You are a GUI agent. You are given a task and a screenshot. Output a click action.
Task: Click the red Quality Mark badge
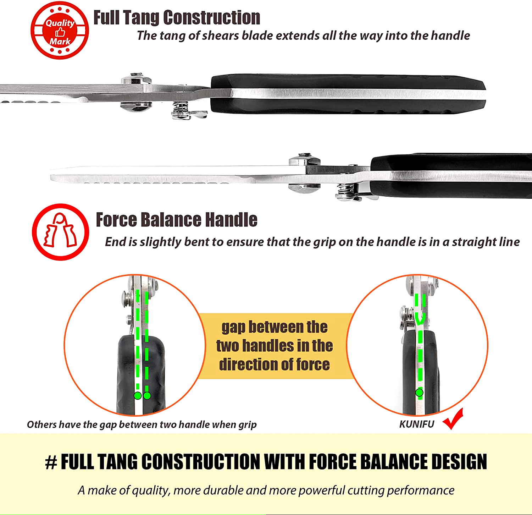(60, 31)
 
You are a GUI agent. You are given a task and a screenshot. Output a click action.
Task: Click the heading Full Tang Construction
(177, 17)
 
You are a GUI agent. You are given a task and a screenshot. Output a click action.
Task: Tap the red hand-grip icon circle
(60, 232)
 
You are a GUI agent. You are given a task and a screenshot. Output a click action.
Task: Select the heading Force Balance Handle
(177, 220)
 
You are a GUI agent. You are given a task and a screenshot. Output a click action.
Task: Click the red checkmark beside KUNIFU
(453, 419)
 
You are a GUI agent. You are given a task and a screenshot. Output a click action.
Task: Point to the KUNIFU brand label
(417, 424)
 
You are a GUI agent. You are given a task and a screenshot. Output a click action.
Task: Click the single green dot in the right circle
(419, 393)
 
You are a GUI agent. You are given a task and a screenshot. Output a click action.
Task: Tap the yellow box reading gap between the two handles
(275, 346)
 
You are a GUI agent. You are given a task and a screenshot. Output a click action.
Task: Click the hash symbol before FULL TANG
(51, 462)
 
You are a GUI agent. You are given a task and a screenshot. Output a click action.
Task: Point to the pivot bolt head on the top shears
(136, 79)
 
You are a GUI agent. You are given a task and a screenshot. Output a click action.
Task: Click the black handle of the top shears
(348, 94)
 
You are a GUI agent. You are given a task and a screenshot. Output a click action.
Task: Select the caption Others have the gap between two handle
(142, 424)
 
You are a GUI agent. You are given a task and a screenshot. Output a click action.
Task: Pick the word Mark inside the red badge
(60, 42)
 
